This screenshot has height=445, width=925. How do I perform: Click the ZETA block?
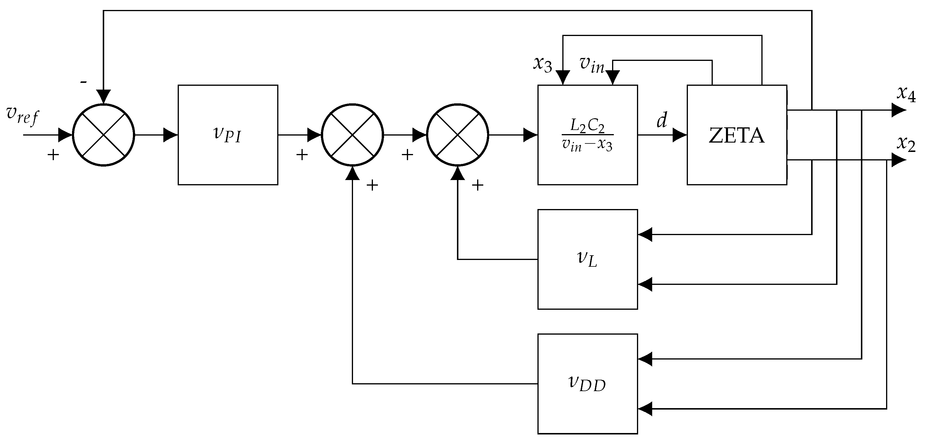tap(736, 135)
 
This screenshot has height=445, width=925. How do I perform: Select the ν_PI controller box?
tap(228, 135)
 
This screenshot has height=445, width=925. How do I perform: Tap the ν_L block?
tap(587, 259)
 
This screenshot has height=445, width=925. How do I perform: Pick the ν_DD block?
tap(587, 384)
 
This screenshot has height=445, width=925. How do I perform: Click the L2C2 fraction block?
tap(587, 135)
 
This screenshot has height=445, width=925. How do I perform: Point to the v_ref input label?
tap(22, 116)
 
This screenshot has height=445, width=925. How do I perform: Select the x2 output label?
tap(906, 144)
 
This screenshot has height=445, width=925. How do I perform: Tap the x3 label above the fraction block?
tap(542, 65)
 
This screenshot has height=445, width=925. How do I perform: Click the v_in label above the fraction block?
tap(592, 65)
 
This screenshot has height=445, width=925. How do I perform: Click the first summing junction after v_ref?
tap(103, 135)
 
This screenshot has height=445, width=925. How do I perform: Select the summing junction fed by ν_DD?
tap(352, 135)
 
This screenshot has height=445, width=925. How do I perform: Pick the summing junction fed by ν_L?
tap(457, 135)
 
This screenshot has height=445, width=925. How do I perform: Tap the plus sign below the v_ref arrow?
tap(53, 155)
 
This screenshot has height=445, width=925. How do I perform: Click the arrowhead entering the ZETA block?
tap(679, 135)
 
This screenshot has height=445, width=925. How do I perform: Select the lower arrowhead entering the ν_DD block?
tap(645, 409)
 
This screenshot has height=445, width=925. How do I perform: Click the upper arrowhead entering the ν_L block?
tap(645, 235)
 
